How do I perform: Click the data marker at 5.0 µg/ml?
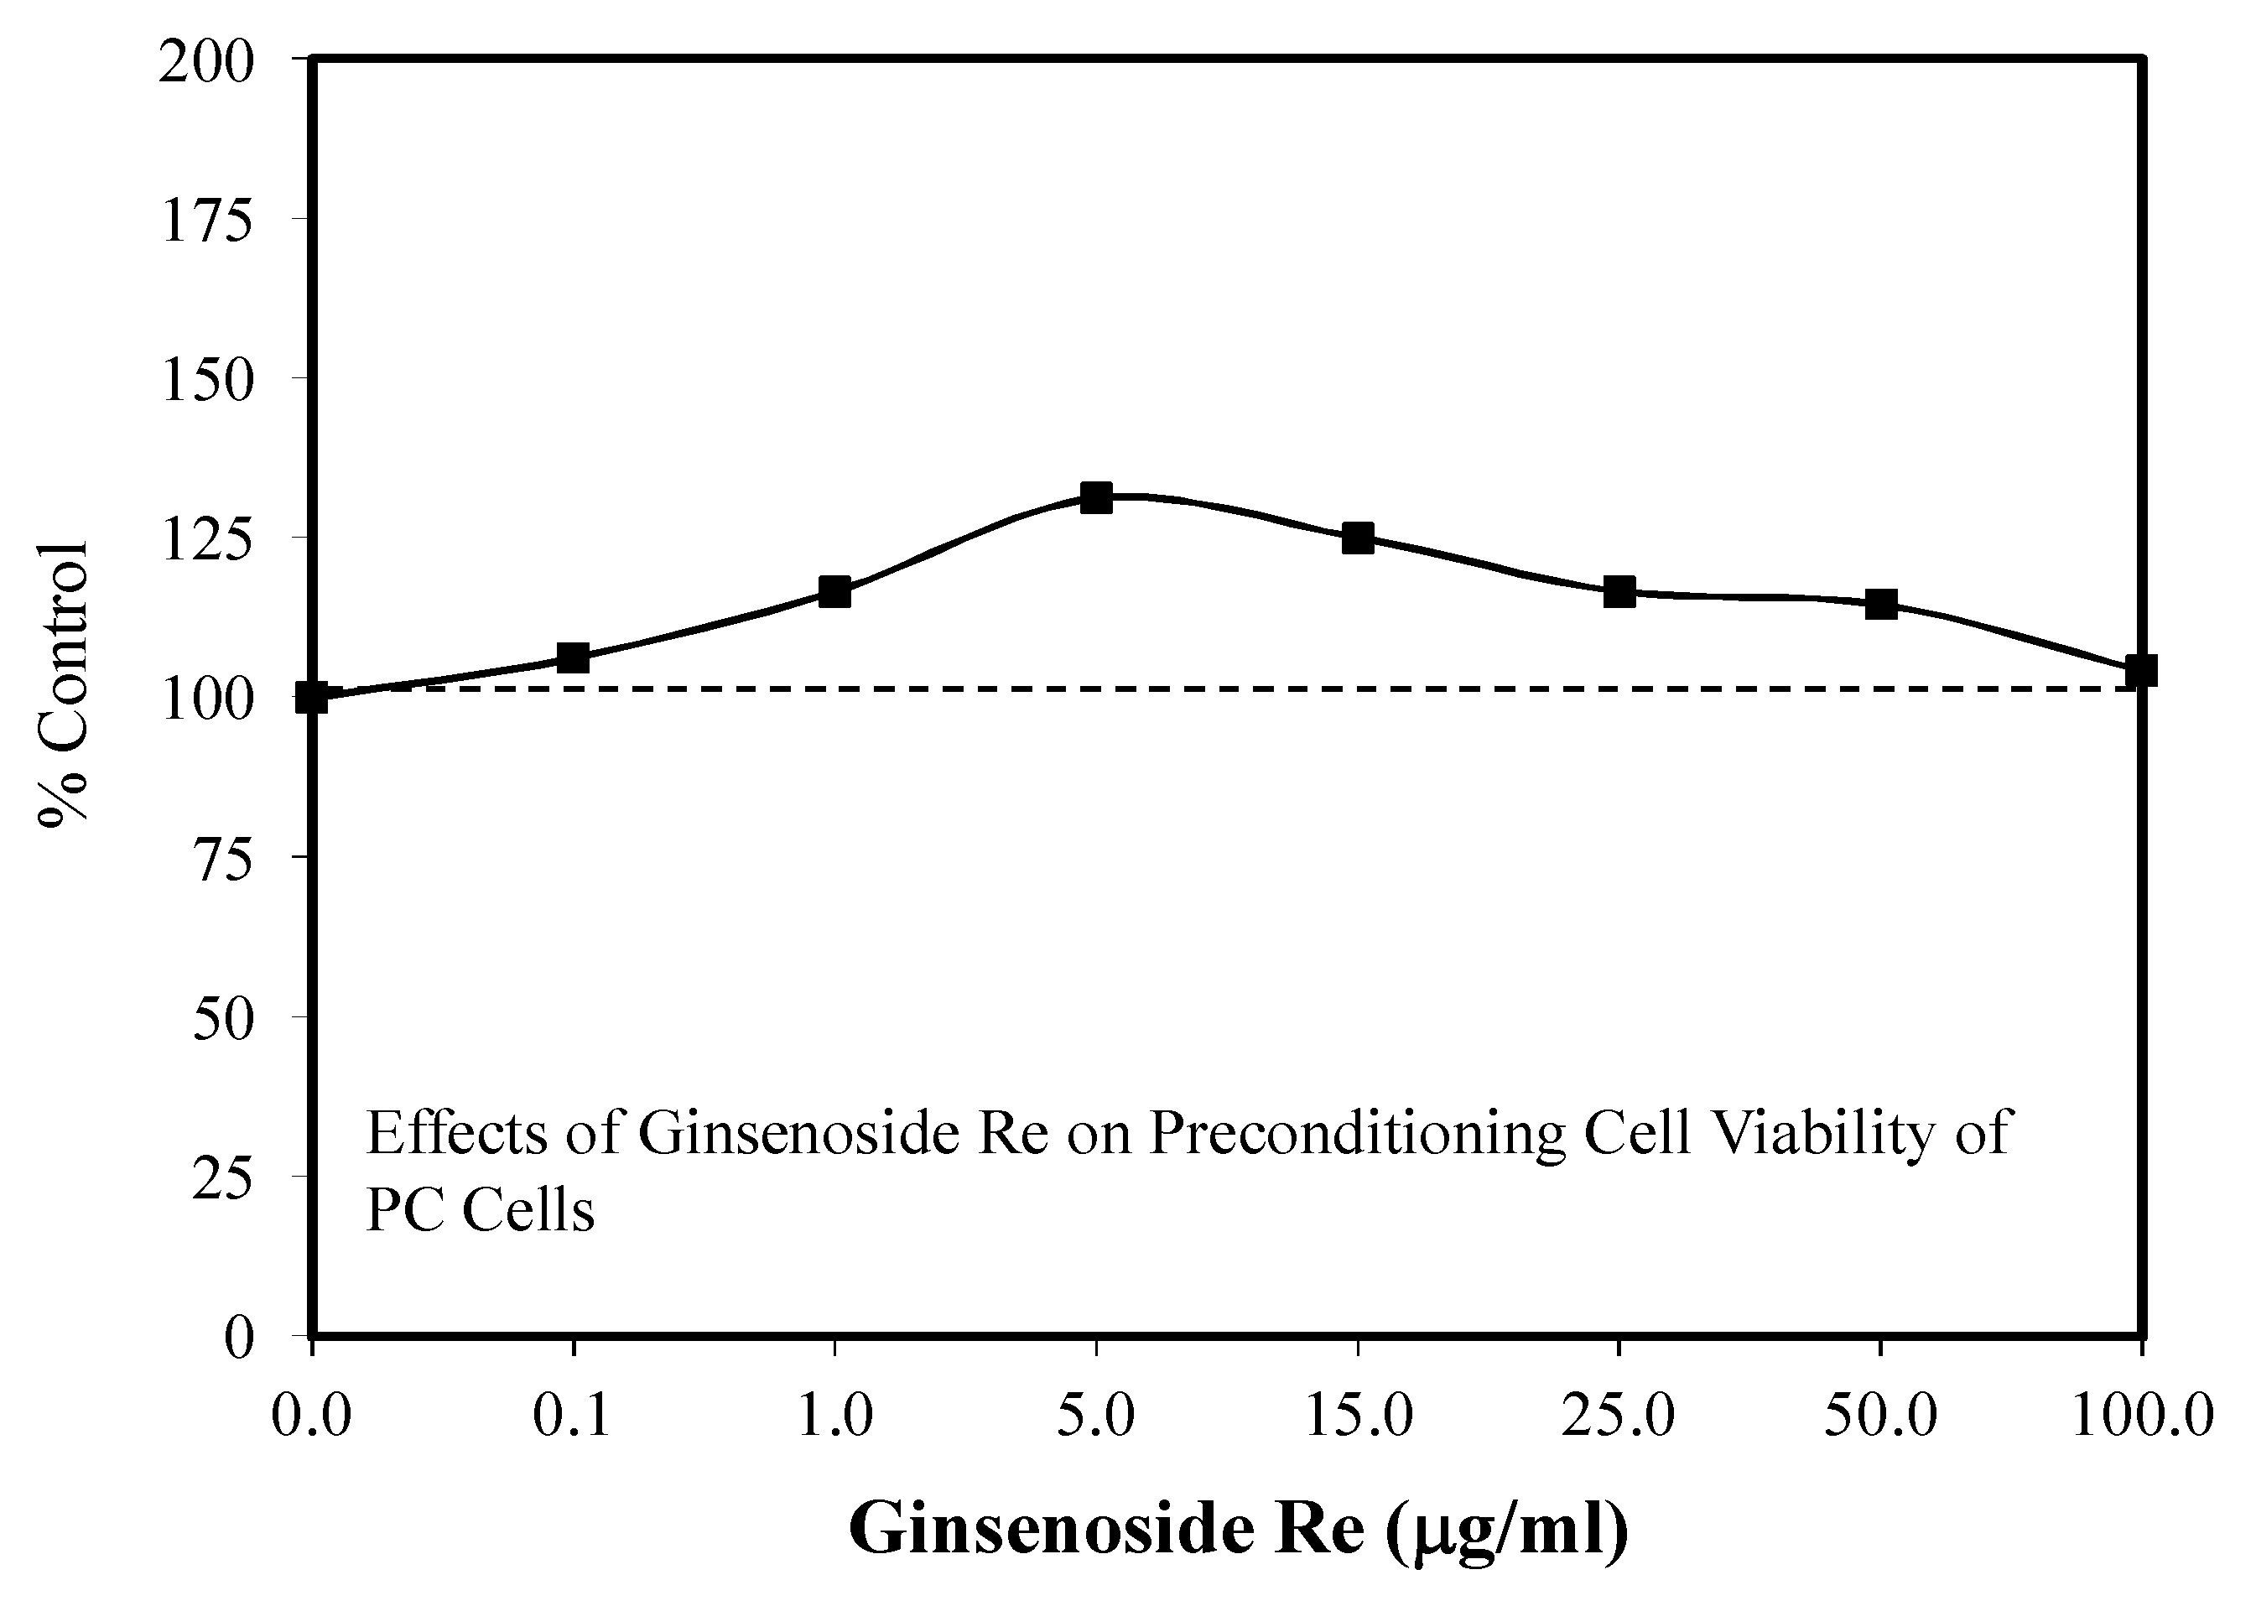coord(1096,497)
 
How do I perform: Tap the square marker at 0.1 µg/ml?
coord(574,657)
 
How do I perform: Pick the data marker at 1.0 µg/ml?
coord(834,591)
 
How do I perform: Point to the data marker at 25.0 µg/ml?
coord(1619,591)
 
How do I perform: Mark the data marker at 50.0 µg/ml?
coord(1880,603)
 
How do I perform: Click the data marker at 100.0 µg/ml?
coord(2140,669)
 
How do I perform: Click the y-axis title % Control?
coord(65,683)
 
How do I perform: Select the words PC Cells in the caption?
coord(480,1208)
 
